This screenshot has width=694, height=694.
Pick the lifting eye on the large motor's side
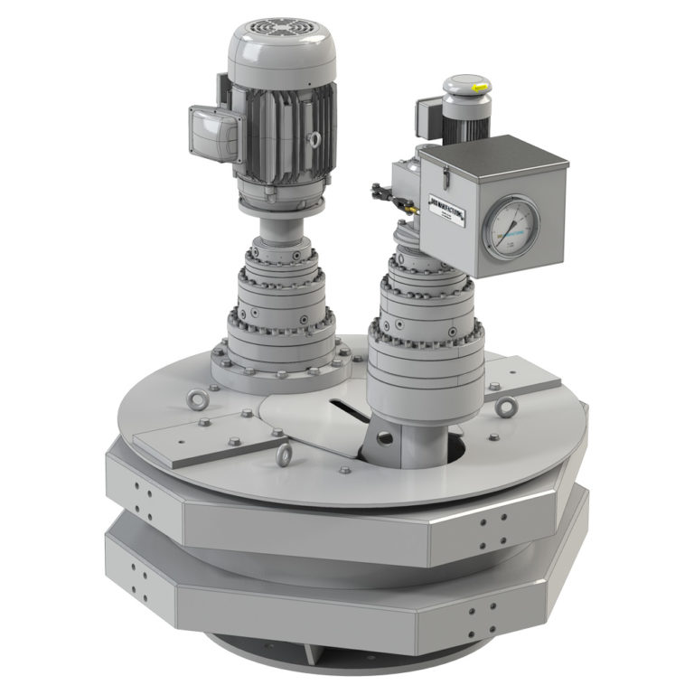[x=315, y=140]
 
